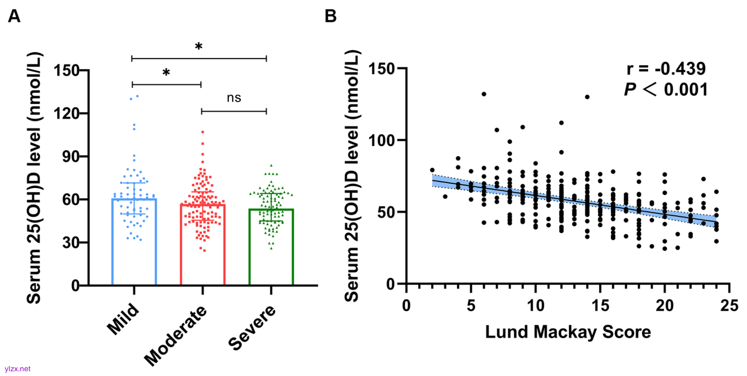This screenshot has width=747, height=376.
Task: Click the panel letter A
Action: click(14, 17)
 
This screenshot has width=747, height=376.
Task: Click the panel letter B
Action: click(330, 17)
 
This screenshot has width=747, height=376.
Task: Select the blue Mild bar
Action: click(134, 246)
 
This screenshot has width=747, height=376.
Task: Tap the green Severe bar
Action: click(271, 250)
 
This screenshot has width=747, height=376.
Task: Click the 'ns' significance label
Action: click(234, 98)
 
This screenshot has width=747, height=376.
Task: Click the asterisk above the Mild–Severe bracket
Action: click(199, 47)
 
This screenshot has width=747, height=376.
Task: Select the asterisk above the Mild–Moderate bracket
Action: click(166, 73)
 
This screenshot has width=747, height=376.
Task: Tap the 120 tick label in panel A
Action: click(66, 113)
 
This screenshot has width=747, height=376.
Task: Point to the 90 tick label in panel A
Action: click(70, 156)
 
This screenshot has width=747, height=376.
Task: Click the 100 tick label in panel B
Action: click(382, 140)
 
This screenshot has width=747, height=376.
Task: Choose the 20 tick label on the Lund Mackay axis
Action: click(664, 306)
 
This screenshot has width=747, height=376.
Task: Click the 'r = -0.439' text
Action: click(666, 69)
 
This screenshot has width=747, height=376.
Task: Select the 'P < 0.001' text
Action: click(666, 89)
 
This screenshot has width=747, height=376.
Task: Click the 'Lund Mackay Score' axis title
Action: click(568, 332)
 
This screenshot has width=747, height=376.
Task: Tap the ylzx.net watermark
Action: click(17, 369)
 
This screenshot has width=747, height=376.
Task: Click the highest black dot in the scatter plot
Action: click(484, 94)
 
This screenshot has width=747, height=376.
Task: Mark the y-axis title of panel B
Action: click(353, 176)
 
